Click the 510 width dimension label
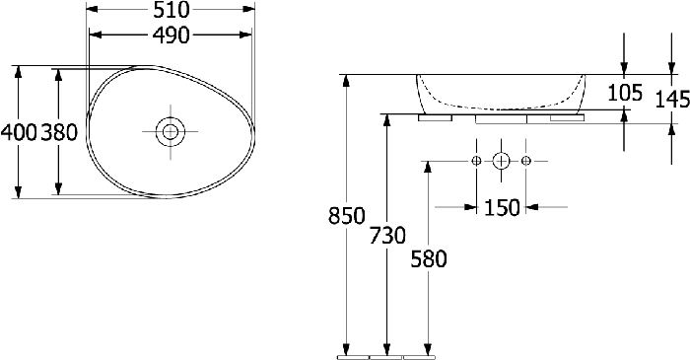[x=171, y=10]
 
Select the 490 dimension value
[x=171, y=36]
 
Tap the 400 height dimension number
[x=19, y=132]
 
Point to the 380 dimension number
[x=59, y=132]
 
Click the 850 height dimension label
[x=347, y=216]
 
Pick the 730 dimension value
[x=387, y=235]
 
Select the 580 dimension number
[x=429, y=258]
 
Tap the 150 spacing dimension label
[x=502, y=207]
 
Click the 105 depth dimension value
[x=625, y=93]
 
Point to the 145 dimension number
[x=672, y=99]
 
